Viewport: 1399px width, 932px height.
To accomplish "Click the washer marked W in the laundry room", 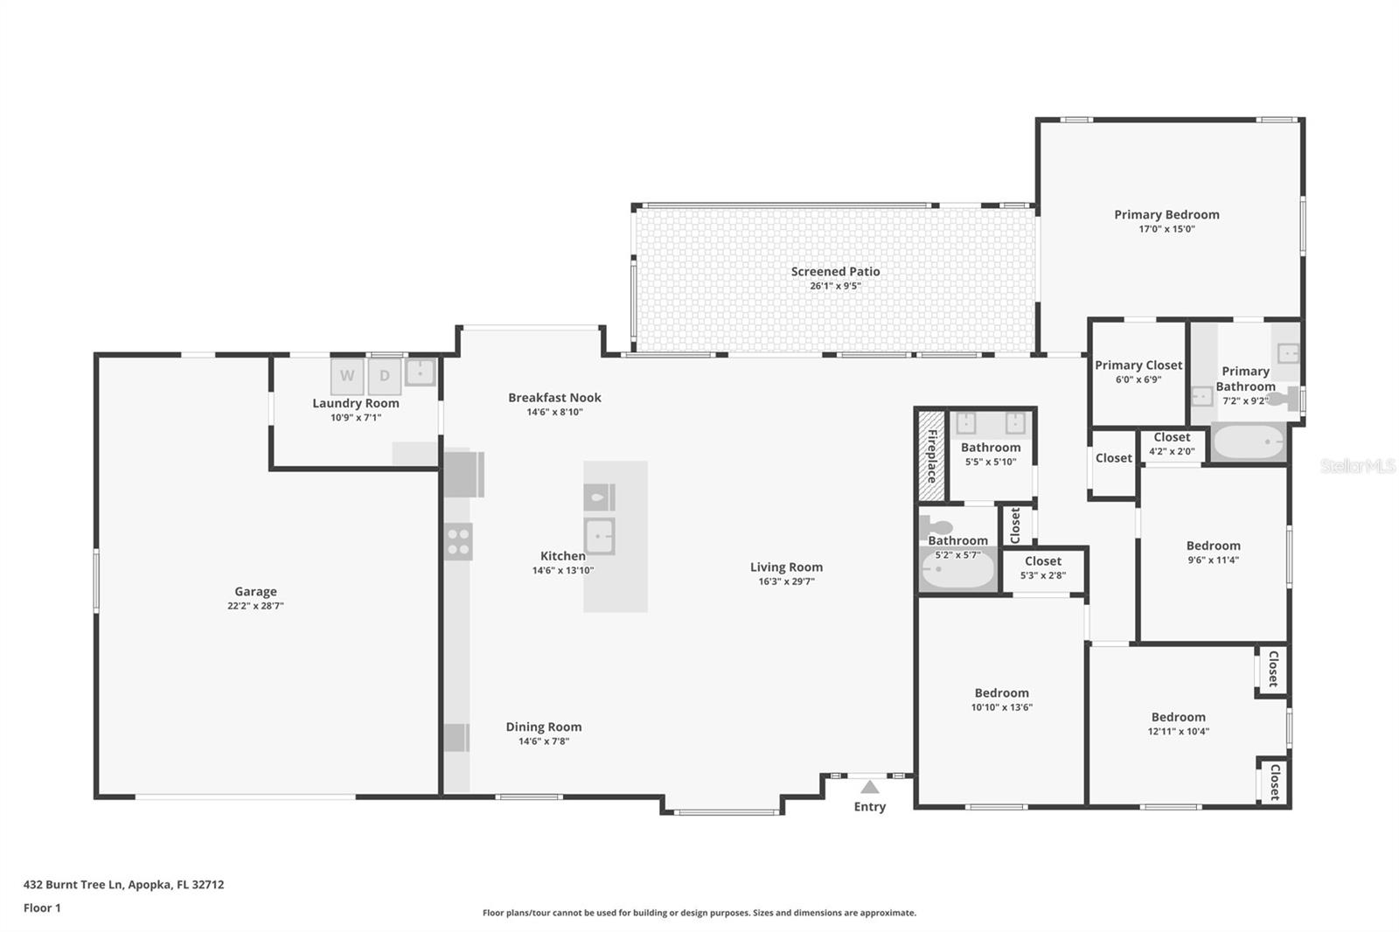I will click(347, 377).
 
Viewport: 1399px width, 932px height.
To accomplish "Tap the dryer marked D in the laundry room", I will click(384, 377).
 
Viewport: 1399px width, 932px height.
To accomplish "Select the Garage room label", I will click(255, 592).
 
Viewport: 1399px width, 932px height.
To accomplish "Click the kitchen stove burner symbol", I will click(458, 541).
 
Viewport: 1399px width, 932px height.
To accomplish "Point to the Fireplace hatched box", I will click(931, 456).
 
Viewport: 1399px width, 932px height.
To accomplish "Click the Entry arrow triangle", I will click(869, 787).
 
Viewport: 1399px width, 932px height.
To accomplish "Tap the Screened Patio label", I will click(835, 272).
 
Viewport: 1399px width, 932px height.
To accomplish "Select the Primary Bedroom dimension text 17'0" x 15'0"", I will click(1166, 229).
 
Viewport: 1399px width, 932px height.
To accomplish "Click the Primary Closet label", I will click(1138, 365).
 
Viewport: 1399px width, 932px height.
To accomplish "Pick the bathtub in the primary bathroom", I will click(1249, 443).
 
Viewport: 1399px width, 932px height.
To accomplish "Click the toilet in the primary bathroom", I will click(1284, 400).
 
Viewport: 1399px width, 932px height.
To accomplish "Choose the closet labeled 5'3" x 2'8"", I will click(1043, 567).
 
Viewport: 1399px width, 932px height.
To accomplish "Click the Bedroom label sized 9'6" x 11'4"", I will click(1213, 546).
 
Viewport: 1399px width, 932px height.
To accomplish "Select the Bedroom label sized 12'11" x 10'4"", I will click(1178, 717).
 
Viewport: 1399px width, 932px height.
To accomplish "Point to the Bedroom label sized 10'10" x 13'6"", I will click(1001, 693).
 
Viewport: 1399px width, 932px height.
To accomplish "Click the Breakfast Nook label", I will click(554, 398).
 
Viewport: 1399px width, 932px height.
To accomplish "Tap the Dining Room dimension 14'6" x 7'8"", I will click(543, 741).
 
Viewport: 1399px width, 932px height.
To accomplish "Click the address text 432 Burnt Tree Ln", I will click(74, 885).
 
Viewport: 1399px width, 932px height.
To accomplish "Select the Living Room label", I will click(786, 567).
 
